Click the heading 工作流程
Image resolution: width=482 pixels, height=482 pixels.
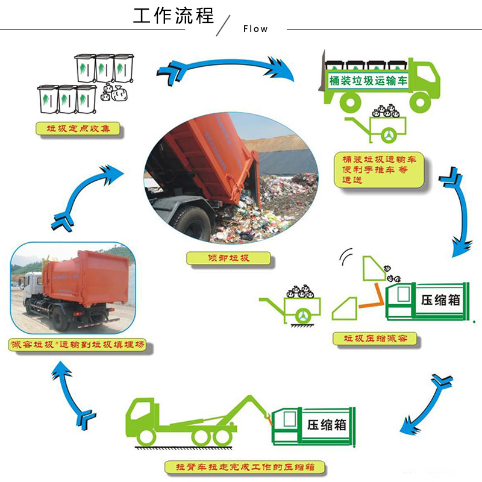coord(174,15)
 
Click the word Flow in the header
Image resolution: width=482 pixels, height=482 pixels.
coord(255,28)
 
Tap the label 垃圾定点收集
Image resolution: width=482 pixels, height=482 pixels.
coord(77,128)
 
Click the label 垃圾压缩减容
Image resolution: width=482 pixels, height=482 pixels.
coord(375,339)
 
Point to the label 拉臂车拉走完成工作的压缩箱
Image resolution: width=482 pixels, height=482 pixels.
coord(246,468)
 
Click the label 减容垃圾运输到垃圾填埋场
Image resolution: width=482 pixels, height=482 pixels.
coord(80,347)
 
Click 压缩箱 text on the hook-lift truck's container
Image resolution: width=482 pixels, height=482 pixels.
coord(325,424)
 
